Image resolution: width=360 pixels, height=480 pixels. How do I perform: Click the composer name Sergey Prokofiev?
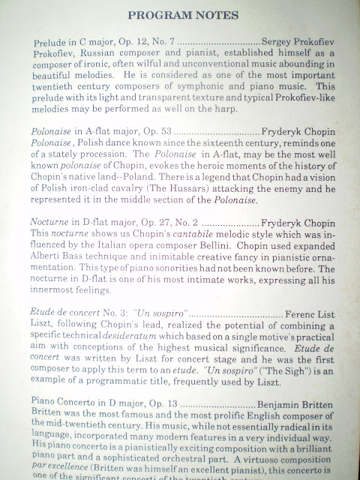coord(299,40)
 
